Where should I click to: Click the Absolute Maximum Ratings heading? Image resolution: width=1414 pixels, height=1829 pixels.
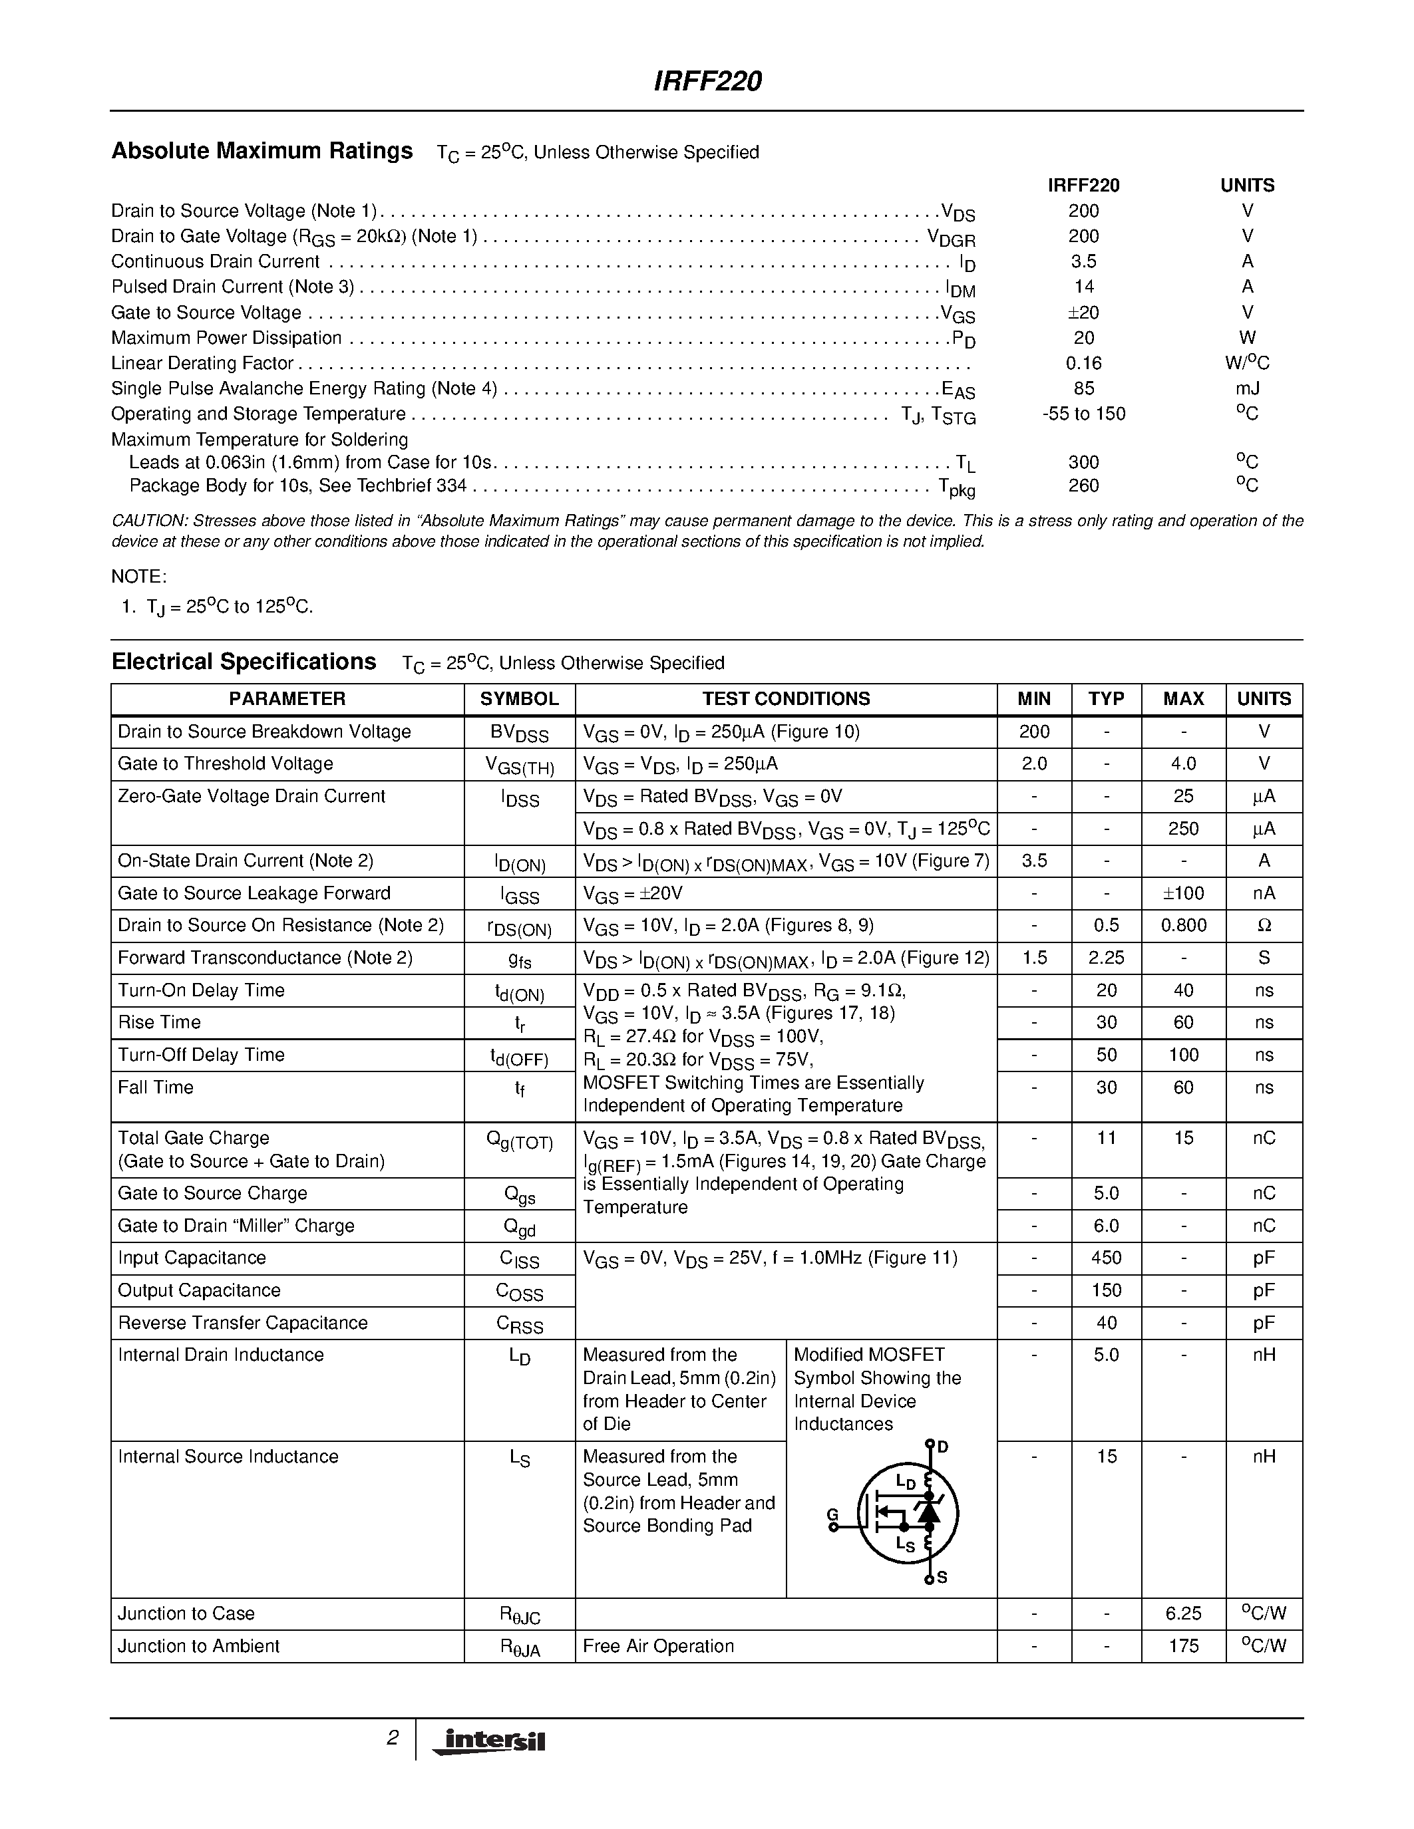(x=262, y=151)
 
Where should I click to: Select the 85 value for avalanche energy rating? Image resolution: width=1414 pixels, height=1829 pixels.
(x=1083, y=388)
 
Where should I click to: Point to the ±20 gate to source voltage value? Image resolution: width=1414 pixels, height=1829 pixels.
(x=1083, y=313)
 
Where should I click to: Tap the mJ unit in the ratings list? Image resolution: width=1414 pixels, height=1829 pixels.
(x=1246, y=388)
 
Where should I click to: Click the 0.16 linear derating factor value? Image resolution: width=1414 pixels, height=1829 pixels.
(x=1083, y=363)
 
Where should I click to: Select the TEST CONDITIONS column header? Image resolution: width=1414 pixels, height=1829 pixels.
(x=786, y=698)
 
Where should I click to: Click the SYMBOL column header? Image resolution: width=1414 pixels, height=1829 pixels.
(x=520, y=698)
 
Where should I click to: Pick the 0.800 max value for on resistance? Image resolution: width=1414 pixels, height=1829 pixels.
(x=1183, y=925)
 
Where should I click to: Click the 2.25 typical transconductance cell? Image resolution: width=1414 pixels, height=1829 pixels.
(x=1106, y=957)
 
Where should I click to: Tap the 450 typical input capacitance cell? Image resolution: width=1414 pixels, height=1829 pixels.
(x=1106, y=1258)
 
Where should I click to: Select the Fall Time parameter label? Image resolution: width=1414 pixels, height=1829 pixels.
(x=156, y=1087)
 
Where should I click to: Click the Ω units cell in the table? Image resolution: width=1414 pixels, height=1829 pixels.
(x=1264, y=925)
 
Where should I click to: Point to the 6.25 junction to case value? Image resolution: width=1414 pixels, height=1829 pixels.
(x=1183, y=1614)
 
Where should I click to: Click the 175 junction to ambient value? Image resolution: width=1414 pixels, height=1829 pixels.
(x=1183, y=1645)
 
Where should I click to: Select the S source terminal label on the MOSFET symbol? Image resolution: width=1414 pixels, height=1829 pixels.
(x=942, y=1578)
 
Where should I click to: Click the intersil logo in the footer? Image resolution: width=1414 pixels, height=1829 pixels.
(x=488, y=1741)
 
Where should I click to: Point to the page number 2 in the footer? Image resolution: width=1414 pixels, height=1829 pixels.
(x=392, y=1738)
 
